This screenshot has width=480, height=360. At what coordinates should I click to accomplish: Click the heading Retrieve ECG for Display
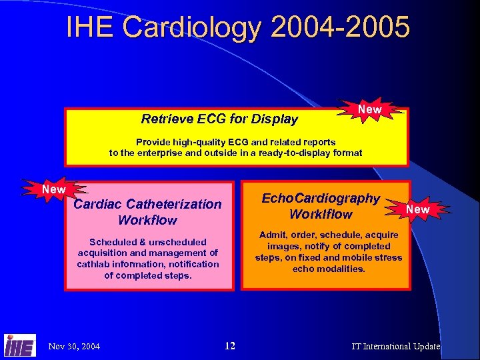point(219,119)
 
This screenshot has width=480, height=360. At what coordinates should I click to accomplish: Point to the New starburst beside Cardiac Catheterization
point(54,189)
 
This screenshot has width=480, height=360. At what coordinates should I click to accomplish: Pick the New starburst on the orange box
point(418,209)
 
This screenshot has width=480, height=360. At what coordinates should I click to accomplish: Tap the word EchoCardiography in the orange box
point(321,198)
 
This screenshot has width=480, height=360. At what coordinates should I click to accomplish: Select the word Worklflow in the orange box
point(321,214)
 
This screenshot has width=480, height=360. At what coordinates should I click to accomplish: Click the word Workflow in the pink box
point(147,220)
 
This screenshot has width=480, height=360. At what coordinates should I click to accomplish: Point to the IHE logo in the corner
point(19,345)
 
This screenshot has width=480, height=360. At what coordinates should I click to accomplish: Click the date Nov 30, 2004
point(75,346)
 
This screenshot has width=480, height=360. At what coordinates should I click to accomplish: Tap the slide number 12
point(230,345)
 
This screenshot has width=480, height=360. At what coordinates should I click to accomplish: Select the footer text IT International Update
point(396,346)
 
